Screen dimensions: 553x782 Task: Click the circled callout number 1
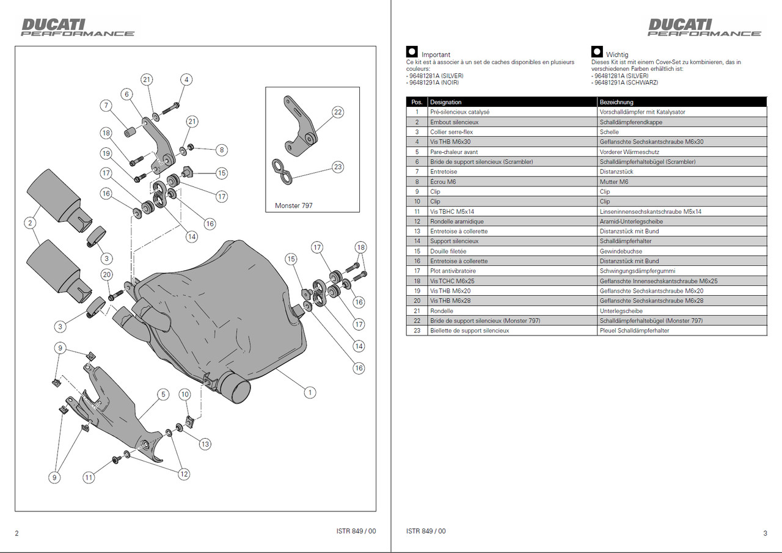[x=310, y=392]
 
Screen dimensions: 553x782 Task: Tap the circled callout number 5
[x=163, y=395]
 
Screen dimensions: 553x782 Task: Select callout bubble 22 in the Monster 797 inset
[x=338, y=112]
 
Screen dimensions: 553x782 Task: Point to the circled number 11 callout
[x=89, y=477]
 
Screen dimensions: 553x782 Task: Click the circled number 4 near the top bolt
[x=186, y=79]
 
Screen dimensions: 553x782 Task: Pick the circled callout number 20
[x=107, y=275]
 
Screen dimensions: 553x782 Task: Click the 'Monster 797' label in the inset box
[x=293, y=205]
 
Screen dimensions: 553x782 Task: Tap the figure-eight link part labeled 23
[x=282, y=171]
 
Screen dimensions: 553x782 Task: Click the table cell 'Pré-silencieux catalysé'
[x=459, y=112]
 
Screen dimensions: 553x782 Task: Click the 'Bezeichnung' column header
[x=616, y=102]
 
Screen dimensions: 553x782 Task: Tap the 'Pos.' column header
[x=417, y=102]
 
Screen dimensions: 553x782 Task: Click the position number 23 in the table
[x=417, y=331]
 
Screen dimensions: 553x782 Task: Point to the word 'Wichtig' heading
[x=616, y=54]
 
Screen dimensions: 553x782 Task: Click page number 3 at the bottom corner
[x=765, y=533]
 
